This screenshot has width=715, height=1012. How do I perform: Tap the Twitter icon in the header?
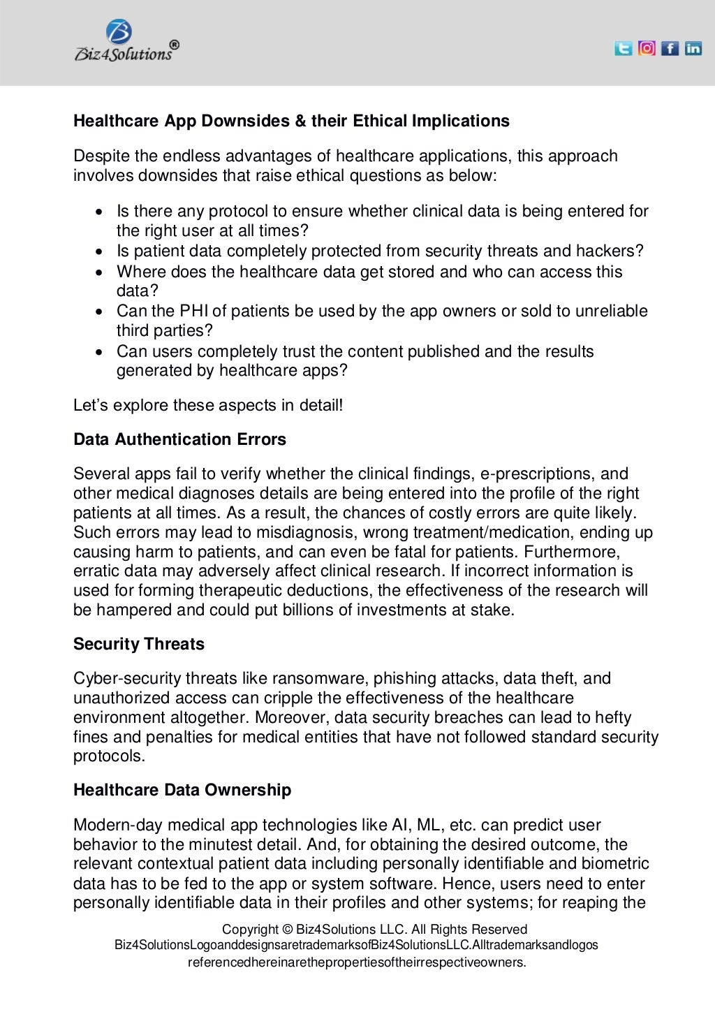[623, 48]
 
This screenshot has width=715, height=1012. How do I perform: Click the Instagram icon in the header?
[647, 48]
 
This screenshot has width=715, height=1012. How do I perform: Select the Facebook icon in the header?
[670, 48]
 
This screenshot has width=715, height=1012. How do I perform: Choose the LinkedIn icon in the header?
[693, 48]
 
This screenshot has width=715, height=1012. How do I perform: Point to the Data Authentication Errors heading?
[179, 439]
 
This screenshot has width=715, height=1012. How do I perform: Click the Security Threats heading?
[138, 644]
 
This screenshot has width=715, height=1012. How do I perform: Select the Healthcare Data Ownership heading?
[182, 790]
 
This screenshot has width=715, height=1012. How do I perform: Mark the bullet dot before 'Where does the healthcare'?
[102, 272]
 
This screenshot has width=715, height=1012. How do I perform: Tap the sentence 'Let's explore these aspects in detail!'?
[208, 405]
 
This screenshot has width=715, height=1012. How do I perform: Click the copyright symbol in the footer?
[287, 930]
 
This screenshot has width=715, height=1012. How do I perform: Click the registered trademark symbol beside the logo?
[174, 44]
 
